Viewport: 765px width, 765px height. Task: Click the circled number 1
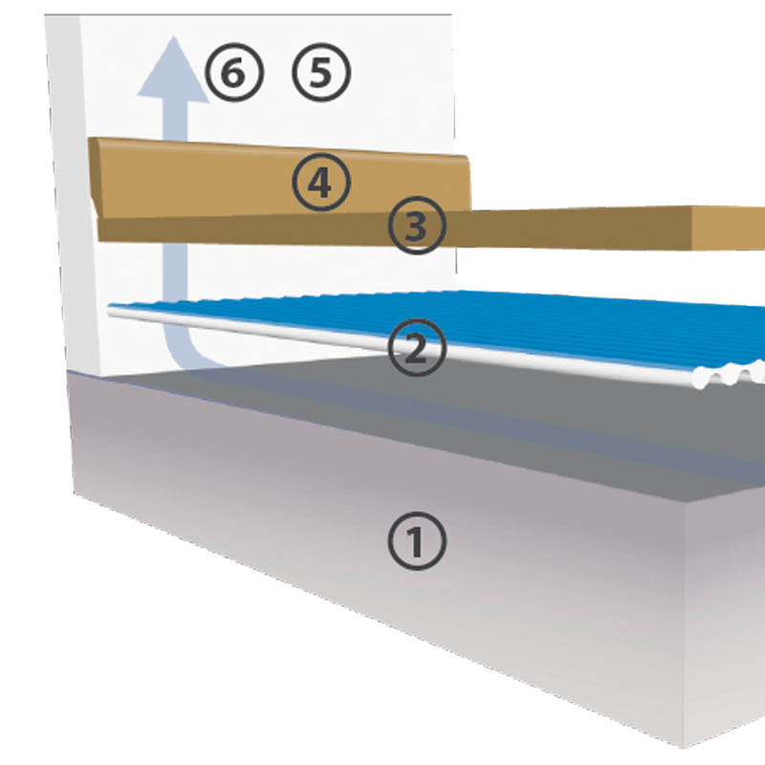[x=418, y=542]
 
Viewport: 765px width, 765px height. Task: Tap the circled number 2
[x=418, y=348]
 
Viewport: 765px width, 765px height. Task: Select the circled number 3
[x=417, y=227]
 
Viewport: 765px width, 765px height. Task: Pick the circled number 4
[x=320, y=183]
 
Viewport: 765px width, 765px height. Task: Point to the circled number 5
[x=321, y=73]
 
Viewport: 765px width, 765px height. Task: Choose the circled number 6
[x=233, y=73]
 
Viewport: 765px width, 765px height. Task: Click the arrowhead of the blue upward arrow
[x=173, y=72]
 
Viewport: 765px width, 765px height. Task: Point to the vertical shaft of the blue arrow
[x=174, y=191]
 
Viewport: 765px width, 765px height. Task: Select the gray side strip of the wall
[x=63, y=191]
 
